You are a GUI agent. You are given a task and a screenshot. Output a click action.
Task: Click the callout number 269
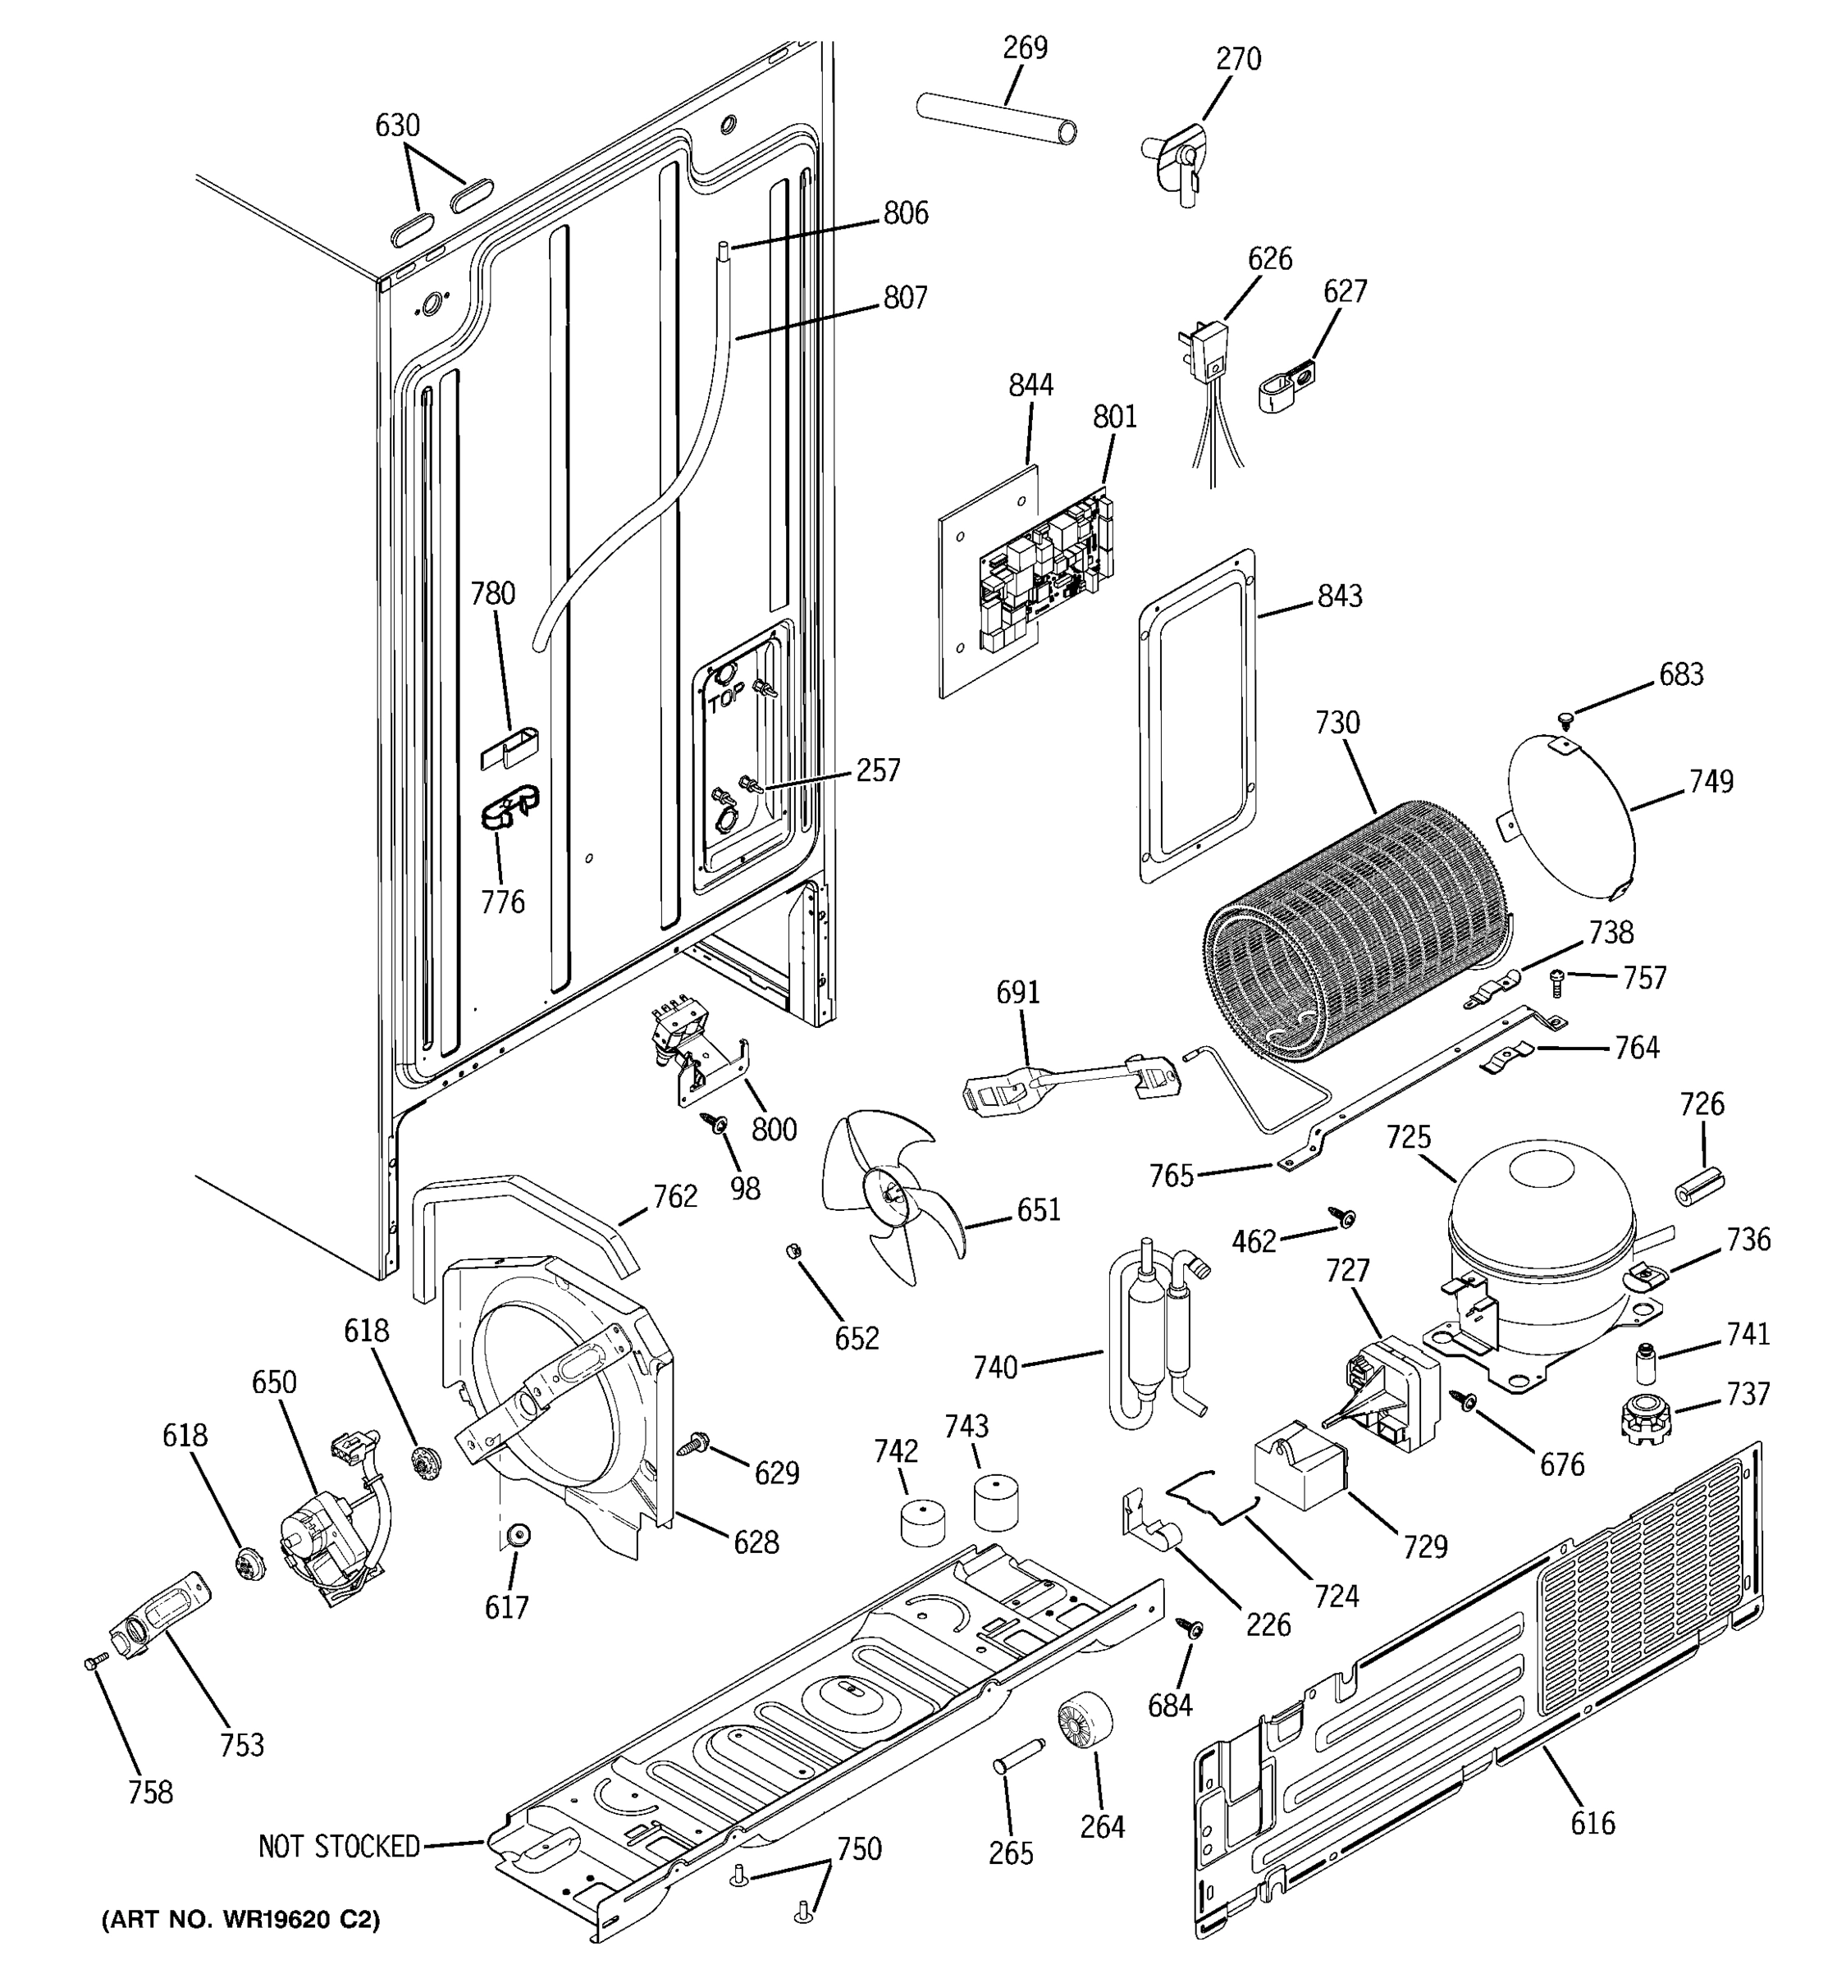point(1025,48)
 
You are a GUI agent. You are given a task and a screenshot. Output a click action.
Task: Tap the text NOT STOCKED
point(339,1846)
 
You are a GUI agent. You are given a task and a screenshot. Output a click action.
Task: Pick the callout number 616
point(1592,1822)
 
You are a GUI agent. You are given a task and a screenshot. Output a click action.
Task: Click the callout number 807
point(905,297)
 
